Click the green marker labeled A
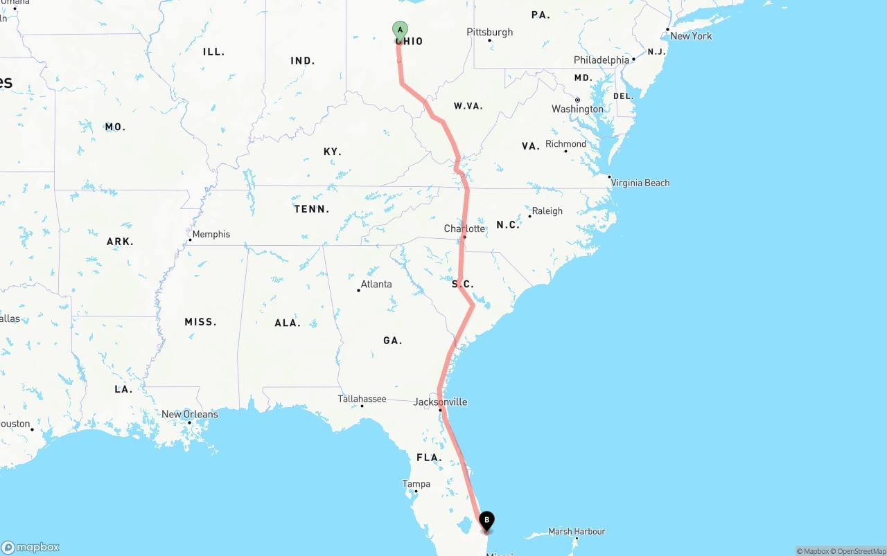pos(400,29)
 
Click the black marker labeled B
pos(487,520)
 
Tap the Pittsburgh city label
pos(490,32)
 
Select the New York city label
pos(691,36)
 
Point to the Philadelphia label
pos(601,60)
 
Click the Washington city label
pos(577,109)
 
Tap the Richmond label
pos(565,144)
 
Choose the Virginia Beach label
pos(640,183)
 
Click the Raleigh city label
pos(547,211)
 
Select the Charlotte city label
pos(464,228)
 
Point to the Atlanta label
pos(376,284)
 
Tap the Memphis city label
pos(211,234)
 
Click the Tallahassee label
pos(362,399)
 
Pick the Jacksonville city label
pos(440,402)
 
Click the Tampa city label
pos(416,484)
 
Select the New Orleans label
pos(190,414)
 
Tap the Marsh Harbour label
pos(577,532)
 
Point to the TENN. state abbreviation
pos(312,209)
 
